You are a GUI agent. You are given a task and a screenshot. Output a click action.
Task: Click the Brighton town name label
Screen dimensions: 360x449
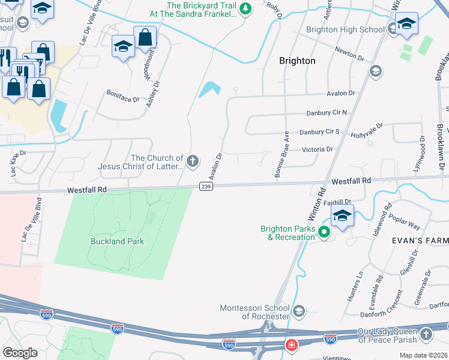(297, 61)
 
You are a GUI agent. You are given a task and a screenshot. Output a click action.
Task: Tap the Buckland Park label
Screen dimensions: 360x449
(117, 241)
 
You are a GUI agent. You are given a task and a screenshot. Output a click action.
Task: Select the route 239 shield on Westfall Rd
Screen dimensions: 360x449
(205, 187)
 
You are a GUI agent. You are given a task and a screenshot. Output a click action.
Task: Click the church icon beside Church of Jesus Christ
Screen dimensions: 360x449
(193, 160)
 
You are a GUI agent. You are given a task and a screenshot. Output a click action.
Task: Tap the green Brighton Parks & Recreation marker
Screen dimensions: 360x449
(325, 232)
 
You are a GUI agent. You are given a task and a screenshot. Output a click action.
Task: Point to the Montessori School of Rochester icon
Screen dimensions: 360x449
(300, 311)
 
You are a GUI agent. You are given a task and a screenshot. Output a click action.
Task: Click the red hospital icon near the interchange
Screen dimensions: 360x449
(291, 346)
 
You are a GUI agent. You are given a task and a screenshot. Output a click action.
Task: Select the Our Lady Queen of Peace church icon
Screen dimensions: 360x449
(426, 334)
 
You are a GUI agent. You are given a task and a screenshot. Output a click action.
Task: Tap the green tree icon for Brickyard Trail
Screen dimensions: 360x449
(245, 8)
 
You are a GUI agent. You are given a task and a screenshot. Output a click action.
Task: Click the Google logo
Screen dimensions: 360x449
(20, 353)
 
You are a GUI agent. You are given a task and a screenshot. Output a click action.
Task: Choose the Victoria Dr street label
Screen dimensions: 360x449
(317, 149)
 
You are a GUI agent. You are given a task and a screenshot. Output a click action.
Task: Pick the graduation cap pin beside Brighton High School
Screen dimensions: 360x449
(406, 23)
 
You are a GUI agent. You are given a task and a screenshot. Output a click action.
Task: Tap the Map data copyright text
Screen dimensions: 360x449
(423, 355)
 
